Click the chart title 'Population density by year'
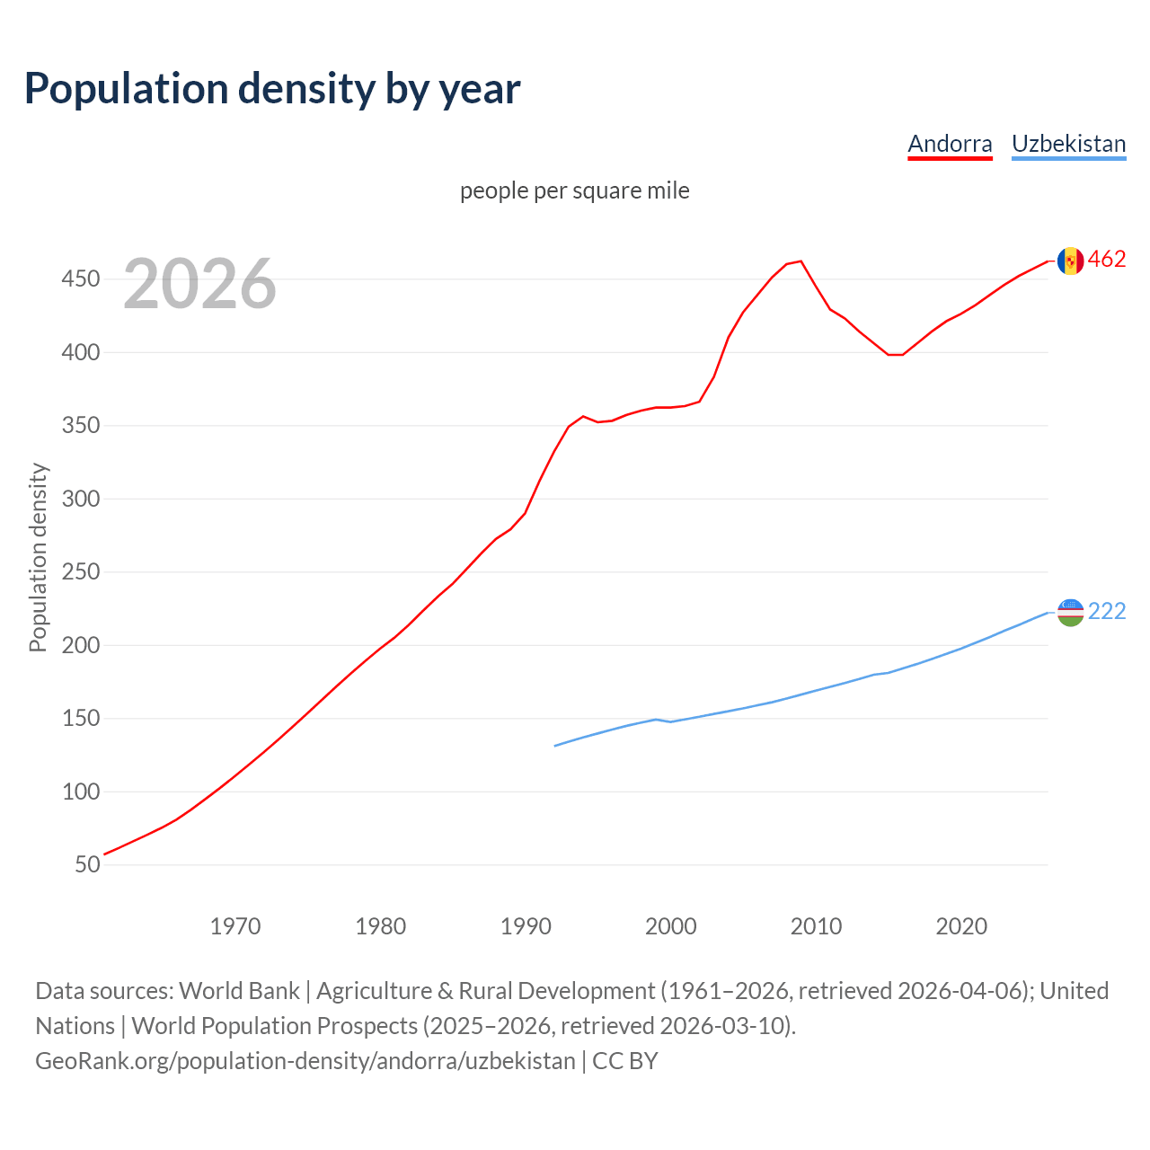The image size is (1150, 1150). (272, 88)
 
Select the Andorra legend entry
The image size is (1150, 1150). (950, 144)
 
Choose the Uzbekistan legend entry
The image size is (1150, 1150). (1068, 144)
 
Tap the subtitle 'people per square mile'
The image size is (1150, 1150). (574, 190)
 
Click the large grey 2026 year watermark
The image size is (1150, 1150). (199, 284)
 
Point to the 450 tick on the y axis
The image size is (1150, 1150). (80, 279)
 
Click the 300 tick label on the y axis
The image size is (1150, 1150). (80, 499)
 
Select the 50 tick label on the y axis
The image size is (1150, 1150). (87, 864)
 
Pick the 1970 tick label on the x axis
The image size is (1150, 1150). (235, 926)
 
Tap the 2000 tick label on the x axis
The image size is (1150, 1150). (671, 926)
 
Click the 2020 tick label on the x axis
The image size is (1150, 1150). (961, 926)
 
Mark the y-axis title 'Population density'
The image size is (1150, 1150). (38, 557)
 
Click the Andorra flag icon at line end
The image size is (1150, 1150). (1070, 261)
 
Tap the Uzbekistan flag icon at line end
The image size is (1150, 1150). (1070, 612)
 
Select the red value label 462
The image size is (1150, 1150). (1107, 260)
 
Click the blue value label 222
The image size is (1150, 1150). (1107, 611)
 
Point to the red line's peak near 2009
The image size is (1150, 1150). (801, 261)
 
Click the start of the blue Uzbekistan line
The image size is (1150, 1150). (555, 746)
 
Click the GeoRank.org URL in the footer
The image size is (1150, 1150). (305, 1060)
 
